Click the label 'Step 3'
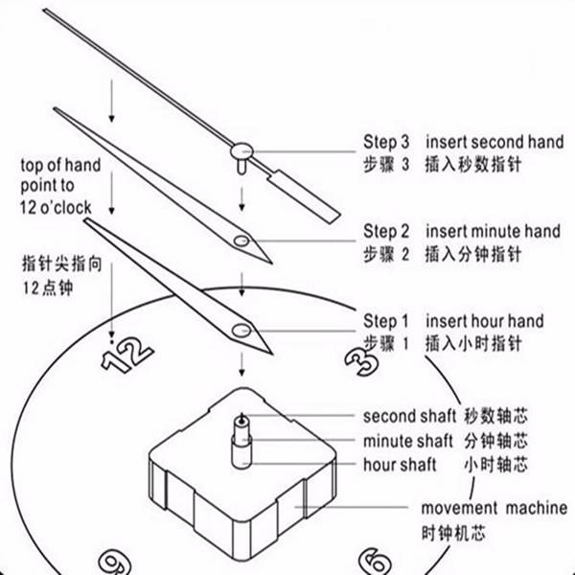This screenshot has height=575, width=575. pyautogui.click(x=386, y=142)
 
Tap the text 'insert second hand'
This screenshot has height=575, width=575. pyautogui.click(x=494, y=142)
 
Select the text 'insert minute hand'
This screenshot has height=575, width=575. pyautogui.click(x=493, y=231)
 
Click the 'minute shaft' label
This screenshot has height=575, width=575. pyautogui.click(x=402, y=441)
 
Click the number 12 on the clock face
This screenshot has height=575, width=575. pyautogui.click(x=126, y=355)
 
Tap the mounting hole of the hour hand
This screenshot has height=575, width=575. pyautogui.click(x=240, y=331)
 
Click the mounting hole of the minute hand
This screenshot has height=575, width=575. pyautogui.click(x=241, y=241)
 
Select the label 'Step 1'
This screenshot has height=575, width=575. pyautogui.click(x=386, y=320)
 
